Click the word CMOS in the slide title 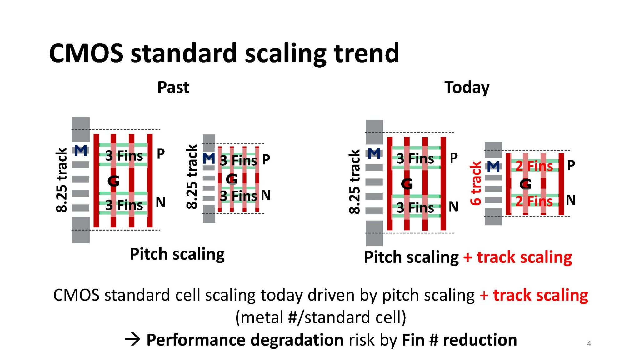tap(86, 53)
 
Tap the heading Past tap(173, 87)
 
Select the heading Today tap(467, 87)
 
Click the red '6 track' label tap(475, 183)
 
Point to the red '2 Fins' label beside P tap(534, 166)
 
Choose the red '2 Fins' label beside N tap(534, 201)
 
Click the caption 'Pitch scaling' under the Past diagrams tap(177, 254)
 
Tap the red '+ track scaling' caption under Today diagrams tap(518, 257)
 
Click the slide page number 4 tap(589, 343)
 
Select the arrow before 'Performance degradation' tap(132, 340)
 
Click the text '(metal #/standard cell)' tap(321, 317)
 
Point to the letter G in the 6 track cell tap(526, 184)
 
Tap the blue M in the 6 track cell tap(493, 167)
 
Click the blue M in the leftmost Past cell tap(81, 150)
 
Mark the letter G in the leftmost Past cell tap(113, 181)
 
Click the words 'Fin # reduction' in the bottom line tap(459, 340)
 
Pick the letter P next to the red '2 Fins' tap(571, 165)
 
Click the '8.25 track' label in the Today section tap(354, 182)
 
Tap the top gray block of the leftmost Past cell tap(81, 129)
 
